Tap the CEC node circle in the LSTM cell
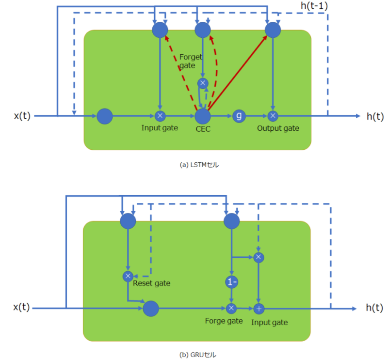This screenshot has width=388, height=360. tap(203, 116)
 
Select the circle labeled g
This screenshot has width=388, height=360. tap(239, 116)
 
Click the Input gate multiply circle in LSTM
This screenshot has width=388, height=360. tap(160, 116)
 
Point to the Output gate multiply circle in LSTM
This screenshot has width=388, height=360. tap(273, 116)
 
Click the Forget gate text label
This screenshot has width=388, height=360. tap(190, 60)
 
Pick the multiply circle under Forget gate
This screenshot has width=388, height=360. tap(203, 83)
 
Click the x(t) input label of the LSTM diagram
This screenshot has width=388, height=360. tap(22, 116)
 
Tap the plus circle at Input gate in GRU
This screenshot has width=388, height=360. tap(259, 308)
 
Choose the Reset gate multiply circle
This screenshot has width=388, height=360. tap(128, 276)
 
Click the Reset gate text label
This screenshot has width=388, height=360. tap(152, 283)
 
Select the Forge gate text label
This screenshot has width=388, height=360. tap(224, 322)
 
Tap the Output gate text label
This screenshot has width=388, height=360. tap(278, 128)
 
